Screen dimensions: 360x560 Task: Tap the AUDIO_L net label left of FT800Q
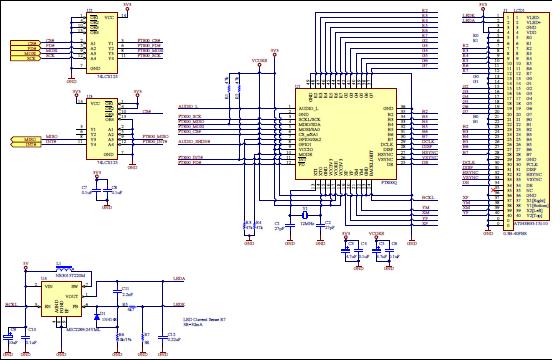tap(190, 104)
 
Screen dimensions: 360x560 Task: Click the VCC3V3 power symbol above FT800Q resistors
tap(260, 61)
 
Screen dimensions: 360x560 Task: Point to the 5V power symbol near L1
tap(24, 265)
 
